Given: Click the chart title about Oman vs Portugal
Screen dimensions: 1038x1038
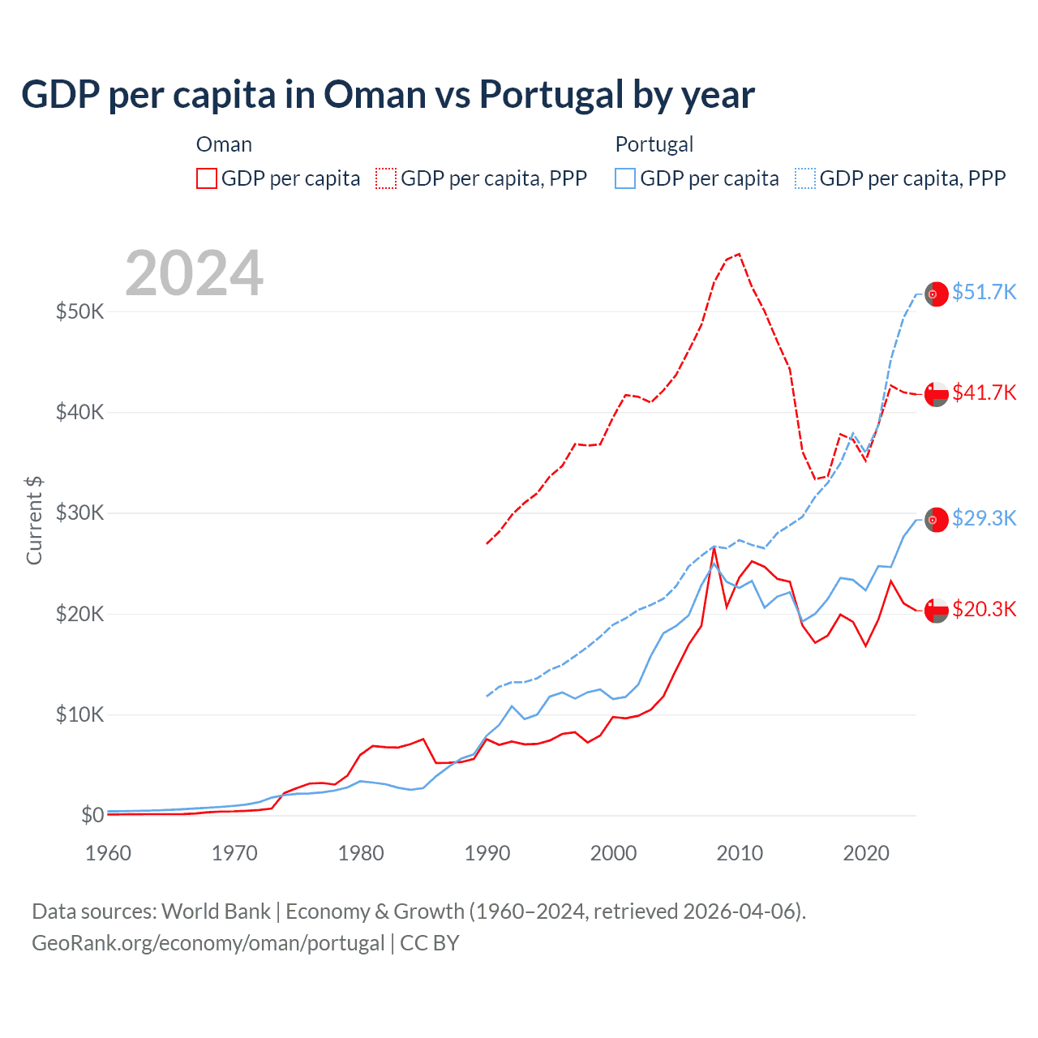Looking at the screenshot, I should (x=388, y=95).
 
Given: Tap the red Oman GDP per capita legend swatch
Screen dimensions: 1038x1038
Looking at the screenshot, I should (x=207, y=178).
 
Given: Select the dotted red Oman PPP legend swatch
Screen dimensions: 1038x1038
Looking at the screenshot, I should (x=386, y=178).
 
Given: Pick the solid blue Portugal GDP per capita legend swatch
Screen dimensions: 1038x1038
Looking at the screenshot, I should (x=625, y=178).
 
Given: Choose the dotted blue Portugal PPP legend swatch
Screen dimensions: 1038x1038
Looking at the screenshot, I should (x=805, y=178).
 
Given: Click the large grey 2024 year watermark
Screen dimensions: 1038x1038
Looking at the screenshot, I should (x=195, y=273).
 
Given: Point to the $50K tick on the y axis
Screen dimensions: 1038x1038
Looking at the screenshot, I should (x=79, y=311).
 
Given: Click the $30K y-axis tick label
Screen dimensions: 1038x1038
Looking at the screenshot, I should (x=79, y=513).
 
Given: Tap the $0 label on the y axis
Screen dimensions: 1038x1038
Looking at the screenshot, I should (x=92, y=815).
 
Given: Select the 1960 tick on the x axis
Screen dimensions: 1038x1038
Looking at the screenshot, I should (x=108, y=853).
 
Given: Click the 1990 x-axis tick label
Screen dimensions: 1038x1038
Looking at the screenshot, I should (x=487, y=853).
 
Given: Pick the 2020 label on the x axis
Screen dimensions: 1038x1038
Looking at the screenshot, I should (x=866, y=853).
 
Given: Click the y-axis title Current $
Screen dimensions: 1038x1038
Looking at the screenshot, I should (x=34, y=521).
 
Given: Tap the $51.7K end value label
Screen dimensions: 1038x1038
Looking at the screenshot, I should (x=984, y=292).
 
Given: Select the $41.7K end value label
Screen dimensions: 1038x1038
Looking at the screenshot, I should (x=984, y=392).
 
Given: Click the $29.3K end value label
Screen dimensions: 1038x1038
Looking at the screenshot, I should (x=984, y=518).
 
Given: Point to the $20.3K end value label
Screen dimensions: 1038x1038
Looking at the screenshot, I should (x=984, y=609).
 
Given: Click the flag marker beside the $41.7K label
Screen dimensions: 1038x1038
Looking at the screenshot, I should (x=937, y=394).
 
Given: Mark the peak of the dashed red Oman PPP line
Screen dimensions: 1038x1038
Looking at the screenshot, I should (x=739, y=254).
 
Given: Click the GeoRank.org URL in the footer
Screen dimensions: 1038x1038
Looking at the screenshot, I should (x=208, y=943).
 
